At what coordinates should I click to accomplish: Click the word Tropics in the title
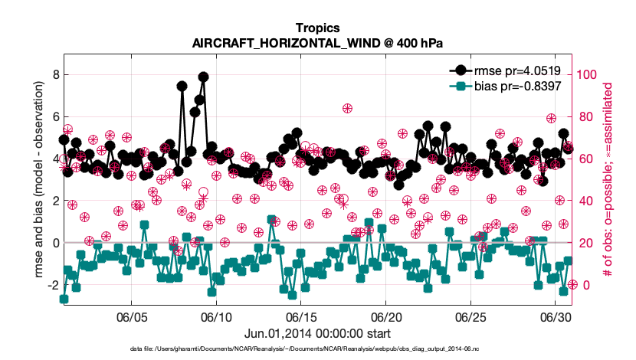pyautogui.click(x=317, y=28)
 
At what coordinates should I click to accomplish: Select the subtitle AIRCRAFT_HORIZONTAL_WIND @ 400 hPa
pyautogui.click(x=317, y=43)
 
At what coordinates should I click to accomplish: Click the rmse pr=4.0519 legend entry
pyautogui.click(x=505, y=70)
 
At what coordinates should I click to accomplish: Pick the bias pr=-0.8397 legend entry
pyautogui.click(x=505, y=86)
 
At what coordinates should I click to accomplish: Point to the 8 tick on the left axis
pyautogui.click(x=56, y=74)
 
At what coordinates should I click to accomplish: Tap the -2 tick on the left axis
pyautogui.click(x=54, y=285)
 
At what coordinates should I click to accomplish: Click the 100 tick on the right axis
pyautogui.click(x=586, y=74)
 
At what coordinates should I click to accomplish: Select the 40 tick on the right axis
pyautogui.click(x=583, y=201)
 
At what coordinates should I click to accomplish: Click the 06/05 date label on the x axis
pyautogui.click(x=132, y=317)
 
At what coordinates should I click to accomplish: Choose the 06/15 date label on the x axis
pyautogui.click(x=301, y=317)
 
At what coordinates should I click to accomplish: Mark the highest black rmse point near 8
pyautogui.click(x=204, y=77)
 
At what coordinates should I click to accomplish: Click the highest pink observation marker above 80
pyautogui.click(x=347, y=108)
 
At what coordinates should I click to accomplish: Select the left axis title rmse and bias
pyautogui.click(x=39, y=179)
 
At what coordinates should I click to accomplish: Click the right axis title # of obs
pyautogui.click(x=607, y=179)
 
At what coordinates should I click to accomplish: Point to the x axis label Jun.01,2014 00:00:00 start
pyautogui.click(x=317, y=334)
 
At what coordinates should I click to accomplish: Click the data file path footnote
pyautogui.click(x=304, y=349)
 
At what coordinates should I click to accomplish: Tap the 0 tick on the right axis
pyautogui.click(x=586, y=285)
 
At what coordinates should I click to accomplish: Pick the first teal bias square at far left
pyautogui.click(x=64, y=299)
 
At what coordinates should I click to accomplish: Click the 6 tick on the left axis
pyautogui.click(x=56, y=116)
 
